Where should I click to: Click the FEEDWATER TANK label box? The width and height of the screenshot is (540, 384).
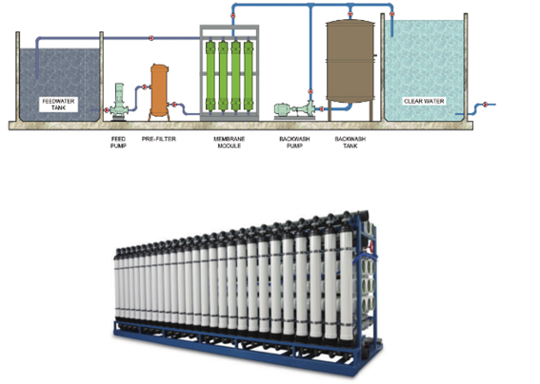(x=58, y=105)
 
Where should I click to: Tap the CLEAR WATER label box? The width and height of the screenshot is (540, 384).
(x=424, y=101)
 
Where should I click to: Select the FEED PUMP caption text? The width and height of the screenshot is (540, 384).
(x=118, y=143)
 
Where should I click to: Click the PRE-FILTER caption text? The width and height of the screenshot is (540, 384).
(x=159, y=139)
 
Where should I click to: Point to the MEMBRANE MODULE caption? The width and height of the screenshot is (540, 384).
(x=229, y=143)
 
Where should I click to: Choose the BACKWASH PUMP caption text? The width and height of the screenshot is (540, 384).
(x=294, y=143)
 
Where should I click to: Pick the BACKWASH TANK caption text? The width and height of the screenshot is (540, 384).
(x=350, y=143)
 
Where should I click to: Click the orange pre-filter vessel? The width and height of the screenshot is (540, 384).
(x=159, y=90)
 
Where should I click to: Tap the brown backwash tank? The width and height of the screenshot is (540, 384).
(x=350, y=61)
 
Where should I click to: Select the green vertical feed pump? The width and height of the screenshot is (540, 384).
(x=119, y=102)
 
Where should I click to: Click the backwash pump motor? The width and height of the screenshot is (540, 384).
(x=283, y=109)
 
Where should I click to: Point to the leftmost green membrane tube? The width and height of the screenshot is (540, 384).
(x=210, y=76)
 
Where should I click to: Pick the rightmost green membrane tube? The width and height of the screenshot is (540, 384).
(x=248, y=76)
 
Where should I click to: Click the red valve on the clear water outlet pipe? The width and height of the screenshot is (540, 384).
(x=486, y=105)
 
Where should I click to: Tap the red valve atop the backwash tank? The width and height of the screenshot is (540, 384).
(x=350, y=14)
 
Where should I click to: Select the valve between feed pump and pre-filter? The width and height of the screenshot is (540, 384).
(x=145, y=87)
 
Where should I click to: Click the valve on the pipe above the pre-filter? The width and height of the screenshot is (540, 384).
(x=151, y=38)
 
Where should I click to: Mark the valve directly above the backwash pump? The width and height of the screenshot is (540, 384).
(x=310, y=91)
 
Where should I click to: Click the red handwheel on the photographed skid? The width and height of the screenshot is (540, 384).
(x=371, y=247)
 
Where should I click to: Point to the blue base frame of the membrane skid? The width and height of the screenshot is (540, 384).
(x=248, y=347)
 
